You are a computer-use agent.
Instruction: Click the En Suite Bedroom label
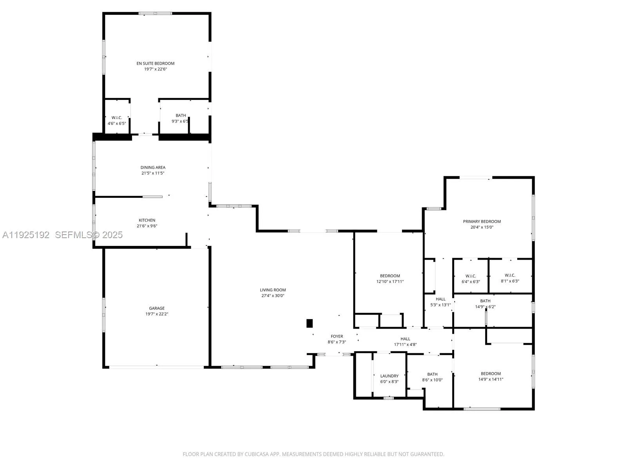pyautogui.click(x=155, y=63)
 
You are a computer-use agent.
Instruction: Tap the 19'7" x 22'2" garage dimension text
pyautogui.click(x=156, y=314)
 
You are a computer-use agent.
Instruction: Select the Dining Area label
pyautogui.click(x=153, y=167)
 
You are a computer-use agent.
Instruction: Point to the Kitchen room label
pyautogui.click(x=147, y=220)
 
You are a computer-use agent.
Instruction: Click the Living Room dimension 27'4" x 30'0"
pyautogui.click(x=273, y=296)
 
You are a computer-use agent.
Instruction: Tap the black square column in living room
pyautogui.click(x=310, y=324)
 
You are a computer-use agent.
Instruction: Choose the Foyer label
pyautogui.click(x=337, y=336)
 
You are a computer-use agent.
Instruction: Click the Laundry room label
pyautogui.click(x=389, y=376)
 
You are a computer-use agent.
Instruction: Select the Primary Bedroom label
pyautogui.click(x=482, y=221)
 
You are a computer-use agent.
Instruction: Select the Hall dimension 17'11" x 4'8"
pyautogui.click(x=405, y=345)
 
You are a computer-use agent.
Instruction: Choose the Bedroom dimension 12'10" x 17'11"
pyautogui.click(x=390, y=282)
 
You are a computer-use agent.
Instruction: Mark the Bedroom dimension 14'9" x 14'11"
pyautogui.click(x=491, y=379)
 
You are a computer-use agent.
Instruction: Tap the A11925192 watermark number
pyautogui.click(x=26, y=235)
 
